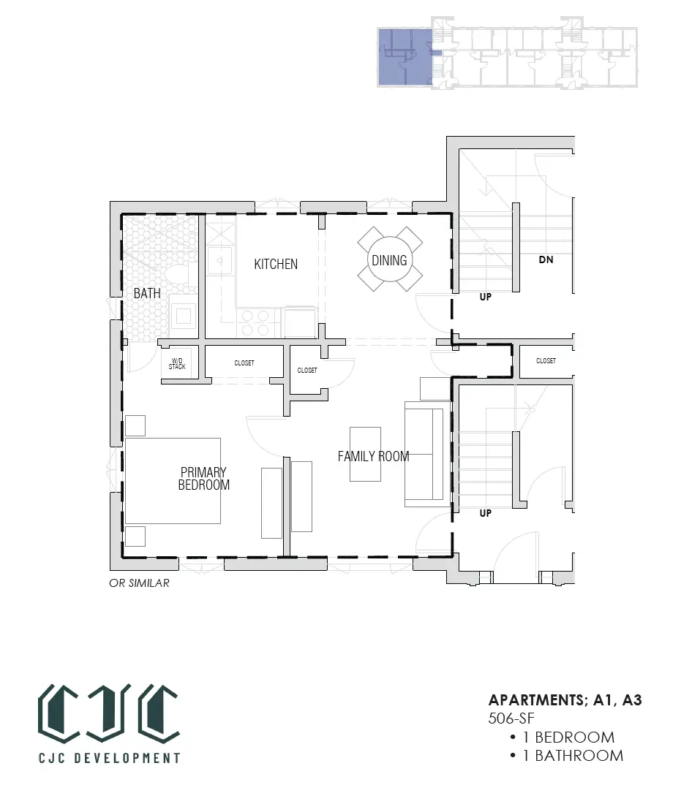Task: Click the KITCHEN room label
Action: [276, 264]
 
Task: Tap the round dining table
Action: [389, 259]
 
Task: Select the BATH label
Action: [147, 293]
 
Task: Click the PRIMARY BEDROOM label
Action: [204, 478]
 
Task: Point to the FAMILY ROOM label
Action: [373, 456]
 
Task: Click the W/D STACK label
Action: [177, 363]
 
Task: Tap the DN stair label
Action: [546, 259]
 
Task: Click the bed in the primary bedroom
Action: [173, 481]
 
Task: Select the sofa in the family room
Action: [424, 454]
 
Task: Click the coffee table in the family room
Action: [365, 454]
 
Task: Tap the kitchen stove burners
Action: [255, 323]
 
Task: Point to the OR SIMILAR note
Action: [139, 583]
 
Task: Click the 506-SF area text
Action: [511, 718]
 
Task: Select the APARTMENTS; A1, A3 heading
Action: [565, 700]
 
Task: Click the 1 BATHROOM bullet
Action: [566, 756]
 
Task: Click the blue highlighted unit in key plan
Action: [405, 56]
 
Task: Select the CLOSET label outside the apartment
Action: [546, 360]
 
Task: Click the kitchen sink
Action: [220, 260]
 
